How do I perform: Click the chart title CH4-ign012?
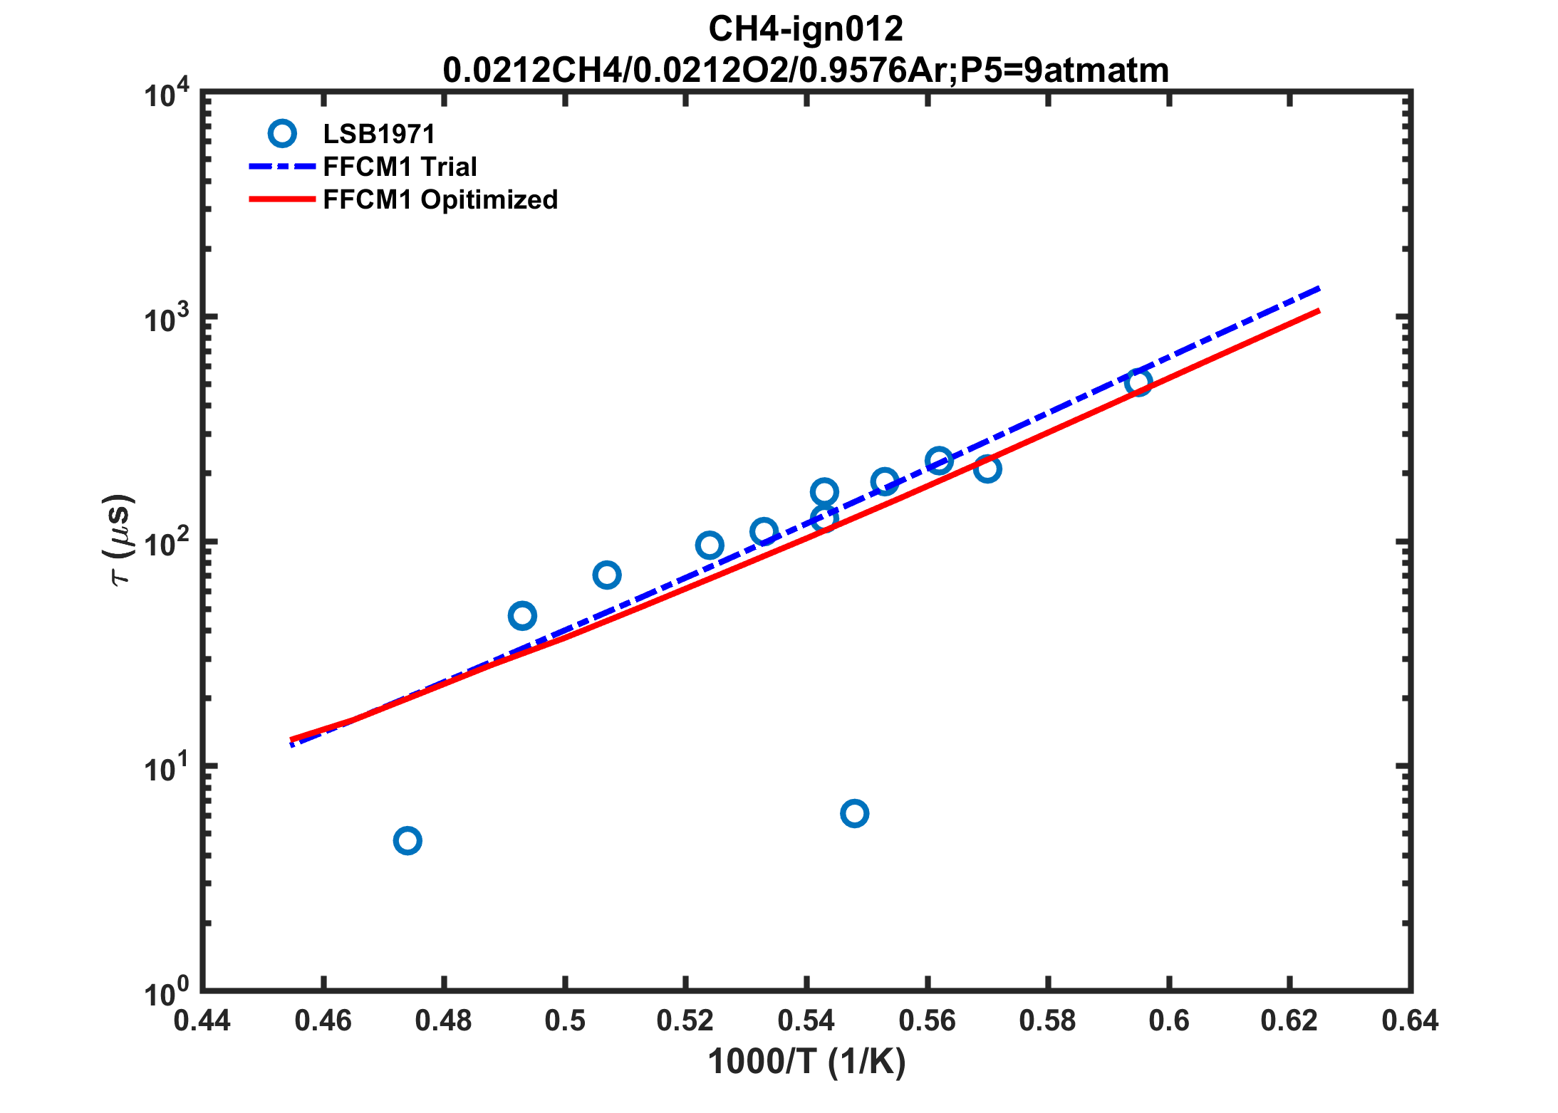pyautogui.click(x=805, y=30)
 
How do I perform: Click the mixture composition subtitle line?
pyautogui.click(x=805, y=70)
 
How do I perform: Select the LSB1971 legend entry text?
pyautogui.click(x=378, y=134)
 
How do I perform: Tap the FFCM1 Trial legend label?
pyautogui.click(x=400, y=167)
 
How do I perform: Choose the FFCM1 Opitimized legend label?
pyautogui.click(x=440, y=199)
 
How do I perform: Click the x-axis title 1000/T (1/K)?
pyautogui.click(x=806, y=1062)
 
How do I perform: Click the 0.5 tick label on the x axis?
pyautogui.click(x=565, y=1021)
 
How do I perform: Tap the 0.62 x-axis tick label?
pyautogui.click(x=1289, y=1021)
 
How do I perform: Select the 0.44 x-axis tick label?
pyautogui.click(x=202, y=1021)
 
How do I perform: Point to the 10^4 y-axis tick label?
pyautogui.click(x=167, y=94)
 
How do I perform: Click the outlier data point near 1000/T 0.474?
pyautogui.click(x=407, y=841)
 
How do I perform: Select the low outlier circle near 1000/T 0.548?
pyautogui.click(x=854, y=813)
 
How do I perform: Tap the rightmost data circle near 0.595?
pyautogui.click(x=1138, y=383)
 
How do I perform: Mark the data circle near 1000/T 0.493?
pyautogui.click(x=522, y=616)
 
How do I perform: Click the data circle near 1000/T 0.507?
pyautogui.click(x=606, y=575)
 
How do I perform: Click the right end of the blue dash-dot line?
pyautogui.click(x=1319, y=288)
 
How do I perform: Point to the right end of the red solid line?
pyautogui.click(x=1319, y=310)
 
